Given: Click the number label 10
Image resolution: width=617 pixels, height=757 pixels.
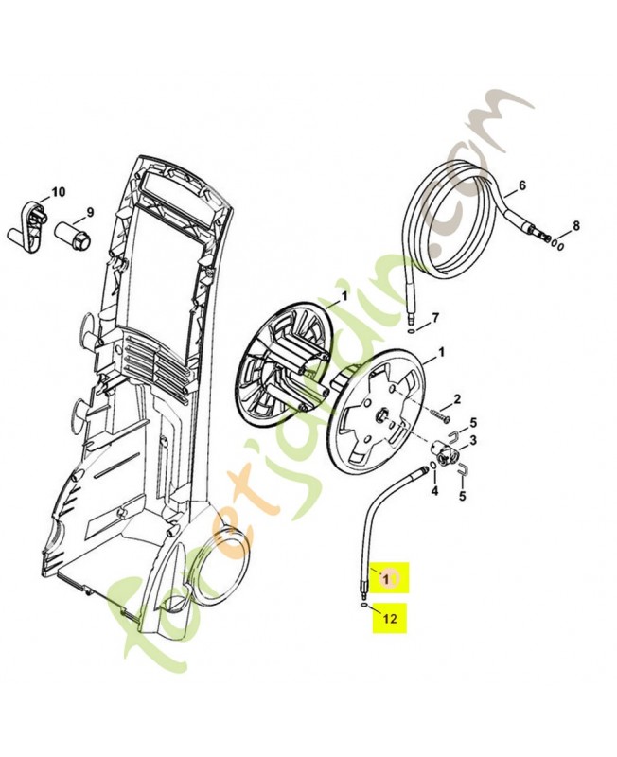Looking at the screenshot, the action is [58, 192].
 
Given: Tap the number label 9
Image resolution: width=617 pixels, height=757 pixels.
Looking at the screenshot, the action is [90, 212].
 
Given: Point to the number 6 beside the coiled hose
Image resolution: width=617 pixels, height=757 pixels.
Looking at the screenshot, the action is [521, 185].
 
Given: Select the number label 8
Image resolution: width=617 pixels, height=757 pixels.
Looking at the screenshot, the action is [576, 225].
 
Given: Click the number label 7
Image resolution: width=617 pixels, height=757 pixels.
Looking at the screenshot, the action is [435, 318].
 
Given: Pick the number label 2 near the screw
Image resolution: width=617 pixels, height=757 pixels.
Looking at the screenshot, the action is [457, 399].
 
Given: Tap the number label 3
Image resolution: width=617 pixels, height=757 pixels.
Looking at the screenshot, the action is [473, 440].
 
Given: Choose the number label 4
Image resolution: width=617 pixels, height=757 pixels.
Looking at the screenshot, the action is [434, 491].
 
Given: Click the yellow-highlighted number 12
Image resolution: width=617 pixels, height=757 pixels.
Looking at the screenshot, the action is [390, 618].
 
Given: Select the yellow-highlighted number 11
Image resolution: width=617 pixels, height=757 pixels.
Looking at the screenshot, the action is [390, 578].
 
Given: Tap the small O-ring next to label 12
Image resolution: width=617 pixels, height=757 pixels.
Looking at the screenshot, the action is [362, 605].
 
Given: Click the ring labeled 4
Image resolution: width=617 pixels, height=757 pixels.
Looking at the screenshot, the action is [433, 465].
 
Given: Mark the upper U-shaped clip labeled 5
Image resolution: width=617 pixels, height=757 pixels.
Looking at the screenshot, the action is [455, 436].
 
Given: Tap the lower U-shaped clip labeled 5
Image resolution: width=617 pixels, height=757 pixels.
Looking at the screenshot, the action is [463, 468].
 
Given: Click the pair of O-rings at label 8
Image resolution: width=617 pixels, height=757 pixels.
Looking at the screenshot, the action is [557, 245].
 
